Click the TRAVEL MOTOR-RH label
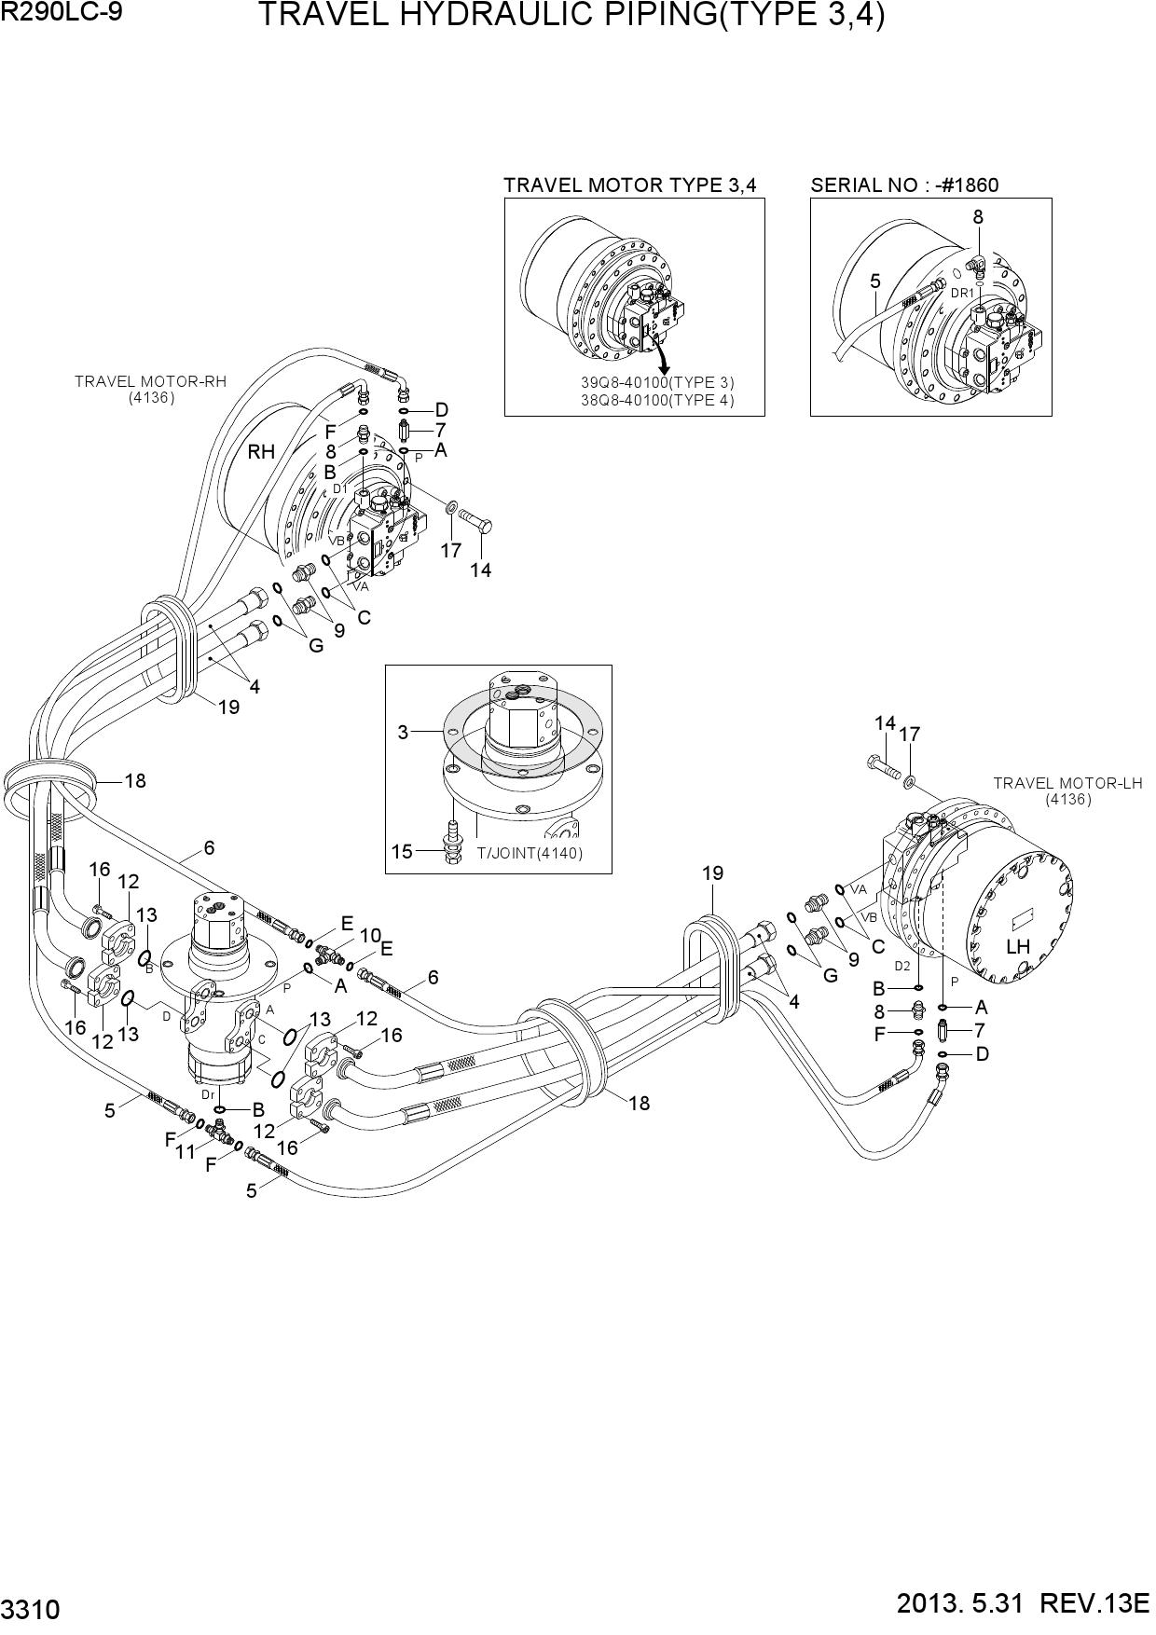151,381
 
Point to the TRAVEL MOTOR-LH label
1067,783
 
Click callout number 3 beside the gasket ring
403,733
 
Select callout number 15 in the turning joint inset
402,851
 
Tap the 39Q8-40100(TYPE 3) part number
658,383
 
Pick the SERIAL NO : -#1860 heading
904,185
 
